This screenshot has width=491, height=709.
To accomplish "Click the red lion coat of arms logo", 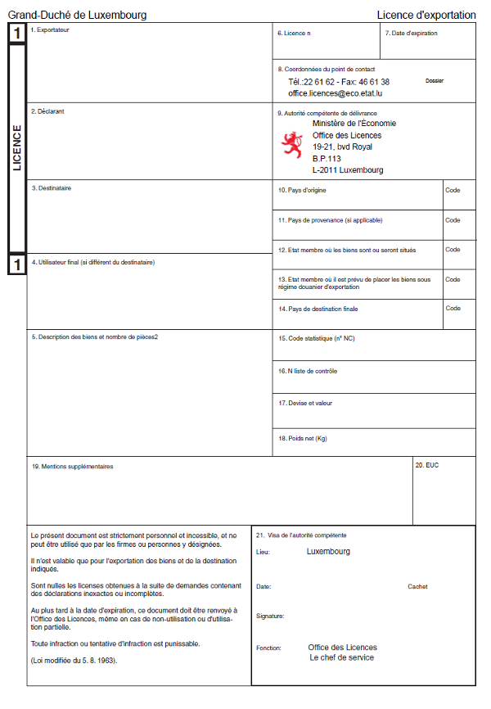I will tap(292, 145).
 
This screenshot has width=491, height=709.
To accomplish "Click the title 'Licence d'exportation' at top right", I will tap(426, 15).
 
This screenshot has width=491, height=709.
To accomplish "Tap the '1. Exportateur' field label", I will tap(50, 30).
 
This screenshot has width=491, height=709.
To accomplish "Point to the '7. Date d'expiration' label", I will tap(411, 34).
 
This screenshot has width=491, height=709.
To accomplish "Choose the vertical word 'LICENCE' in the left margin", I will tap(17, 147).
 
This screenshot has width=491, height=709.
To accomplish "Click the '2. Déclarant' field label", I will tap(47, 111).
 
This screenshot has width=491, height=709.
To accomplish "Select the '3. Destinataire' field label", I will tap(51, 188).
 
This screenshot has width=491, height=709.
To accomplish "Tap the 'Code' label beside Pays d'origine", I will tap(453, 190).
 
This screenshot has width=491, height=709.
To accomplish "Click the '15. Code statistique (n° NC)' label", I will tap(316, 338).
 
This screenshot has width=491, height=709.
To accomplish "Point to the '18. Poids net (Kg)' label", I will tap(302, 438).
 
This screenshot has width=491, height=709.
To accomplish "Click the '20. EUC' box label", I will tap(426, 465).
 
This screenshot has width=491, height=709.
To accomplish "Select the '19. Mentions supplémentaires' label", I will tap(72, 467).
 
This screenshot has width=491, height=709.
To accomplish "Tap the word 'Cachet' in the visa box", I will tap(417, 586).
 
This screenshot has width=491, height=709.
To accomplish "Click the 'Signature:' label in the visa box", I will tap(270, 616).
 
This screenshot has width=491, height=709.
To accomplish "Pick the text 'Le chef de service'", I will tap(341, 657).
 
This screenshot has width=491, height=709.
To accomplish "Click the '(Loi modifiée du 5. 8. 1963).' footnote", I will tap(74, 659).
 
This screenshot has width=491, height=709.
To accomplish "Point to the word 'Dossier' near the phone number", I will tap(435, 81).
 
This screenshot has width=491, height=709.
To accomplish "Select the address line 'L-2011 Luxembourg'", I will tap(347, 170).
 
